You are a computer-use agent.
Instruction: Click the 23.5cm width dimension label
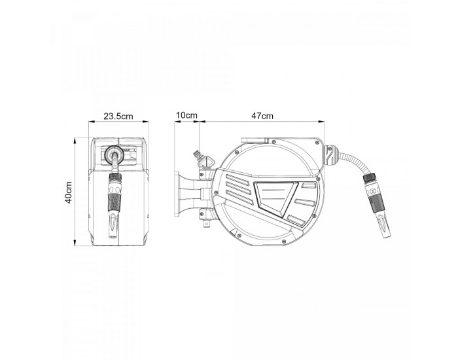coord(118,117)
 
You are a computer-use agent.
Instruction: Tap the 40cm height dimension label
coord(68,192)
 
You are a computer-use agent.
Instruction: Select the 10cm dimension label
coord(186,115)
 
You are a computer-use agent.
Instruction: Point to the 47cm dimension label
coord(262,116)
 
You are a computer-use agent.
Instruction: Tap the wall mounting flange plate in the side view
coord(177,194)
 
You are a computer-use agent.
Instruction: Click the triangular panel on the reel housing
coord(275,198)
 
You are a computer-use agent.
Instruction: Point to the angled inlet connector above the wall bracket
coord(202,158)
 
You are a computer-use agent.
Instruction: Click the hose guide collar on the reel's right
coord(331,156)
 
